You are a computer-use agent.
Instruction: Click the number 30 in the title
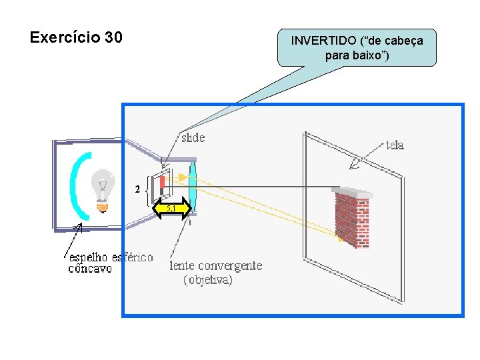point(113,37)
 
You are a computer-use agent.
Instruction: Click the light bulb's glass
point(103,182)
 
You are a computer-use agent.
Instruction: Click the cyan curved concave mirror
point(79,187)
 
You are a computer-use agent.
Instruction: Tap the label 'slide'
point(193,138)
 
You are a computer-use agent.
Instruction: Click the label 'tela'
point(395,145)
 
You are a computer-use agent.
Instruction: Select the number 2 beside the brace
point(137,189)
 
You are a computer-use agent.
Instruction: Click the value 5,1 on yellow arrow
point(172,209)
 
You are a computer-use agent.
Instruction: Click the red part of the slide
point(161,181)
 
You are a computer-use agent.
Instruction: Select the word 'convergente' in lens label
point(229,266)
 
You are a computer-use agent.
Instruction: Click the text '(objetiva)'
point(208,280)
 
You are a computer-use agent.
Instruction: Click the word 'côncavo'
point(90,269)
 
